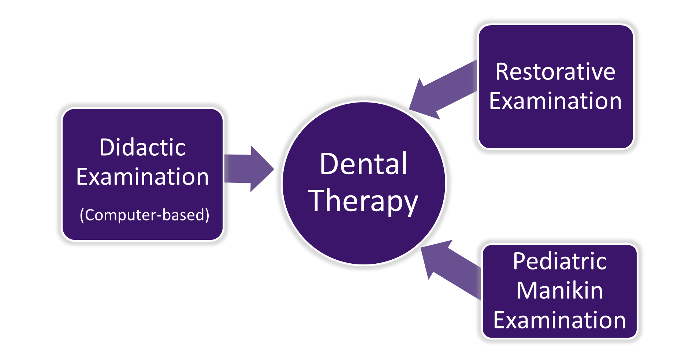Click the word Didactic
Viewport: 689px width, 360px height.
(142, 148)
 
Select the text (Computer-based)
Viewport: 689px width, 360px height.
(144, 215)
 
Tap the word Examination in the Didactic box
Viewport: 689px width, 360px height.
(142, 177)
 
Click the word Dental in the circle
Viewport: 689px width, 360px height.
(363, 164)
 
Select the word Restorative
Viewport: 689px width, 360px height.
(555, 72)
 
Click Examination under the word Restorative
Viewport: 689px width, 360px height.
(555, 101)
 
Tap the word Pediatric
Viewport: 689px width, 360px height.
(560, 261)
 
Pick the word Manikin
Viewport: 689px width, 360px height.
(560, 291)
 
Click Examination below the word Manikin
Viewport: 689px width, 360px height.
(560, 320)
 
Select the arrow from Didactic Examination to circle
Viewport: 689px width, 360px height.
(249, 169)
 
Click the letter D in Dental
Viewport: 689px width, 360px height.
(328, 164)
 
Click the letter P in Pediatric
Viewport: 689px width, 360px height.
(519, 261)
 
